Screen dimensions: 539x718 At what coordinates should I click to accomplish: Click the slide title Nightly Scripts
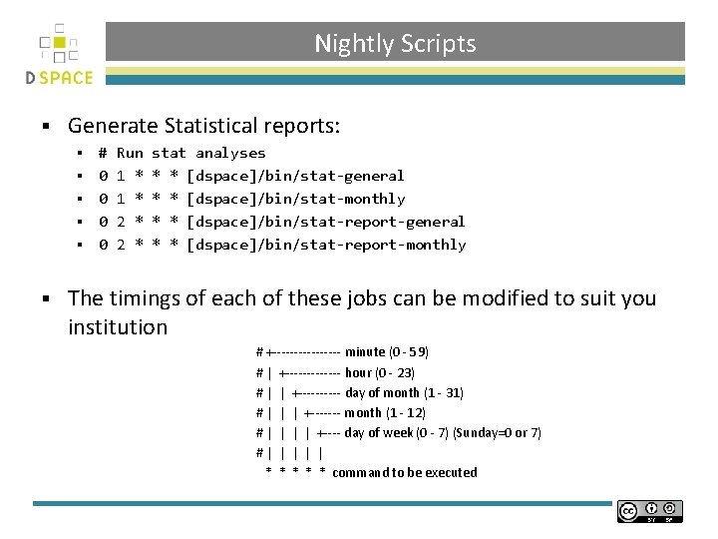tap(395, 44)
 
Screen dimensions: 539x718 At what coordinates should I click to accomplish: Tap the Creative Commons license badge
tap(649, 511)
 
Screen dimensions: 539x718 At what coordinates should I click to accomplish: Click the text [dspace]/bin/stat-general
tap(295, 176)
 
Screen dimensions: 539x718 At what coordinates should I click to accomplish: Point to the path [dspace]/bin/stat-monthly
tap(295, 199)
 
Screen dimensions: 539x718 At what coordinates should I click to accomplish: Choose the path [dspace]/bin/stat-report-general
tap(325, 222)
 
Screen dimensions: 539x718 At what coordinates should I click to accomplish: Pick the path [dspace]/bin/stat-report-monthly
tap(325, 245)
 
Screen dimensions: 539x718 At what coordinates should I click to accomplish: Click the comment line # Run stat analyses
tap(181, 153)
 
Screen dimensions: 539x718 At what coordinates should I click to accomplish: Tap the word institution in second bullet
tap(118, 327)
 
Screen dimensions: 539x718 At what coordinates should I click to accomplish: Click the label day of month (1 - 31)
tap(404, 392)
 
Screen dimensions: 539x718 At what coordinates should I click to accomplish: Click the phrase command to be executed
tap(404, 472)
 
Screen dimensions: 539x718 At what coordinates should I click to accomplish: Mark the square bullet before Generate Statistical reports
tap(45, 127)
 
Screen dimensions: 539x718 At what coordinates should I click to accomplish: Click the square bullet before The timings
tap(45, 298)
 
